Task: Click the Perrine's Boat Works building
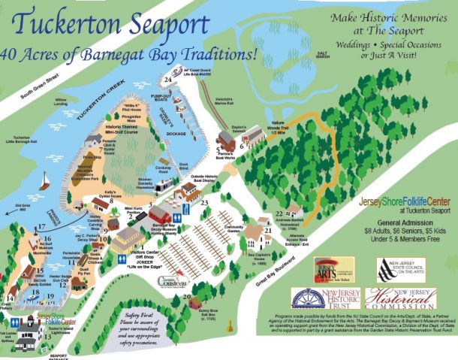click(225, 139)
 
